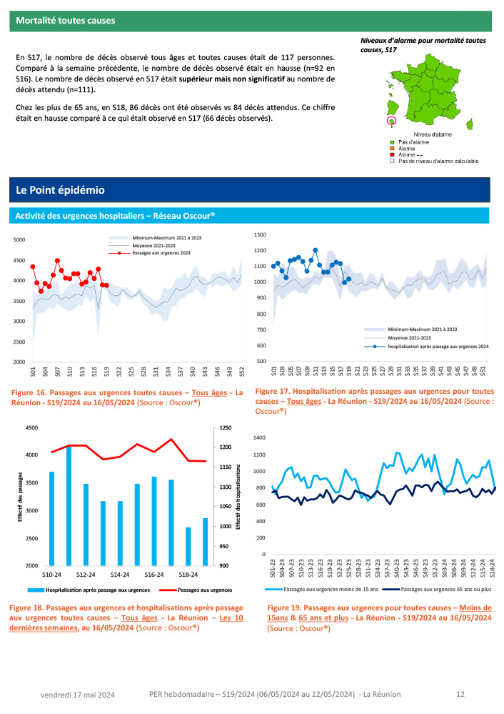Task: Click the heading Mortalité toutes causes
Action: (66, 21)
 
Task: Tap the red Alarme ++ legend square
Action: (391, 154)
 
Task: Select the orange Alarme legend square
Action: (391, 149)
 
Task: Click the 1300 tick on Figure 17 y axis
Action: (260, 234)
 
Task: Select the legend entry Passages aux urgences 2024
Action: (161, 253)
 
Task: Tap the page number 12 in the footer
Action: (460, 694)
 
